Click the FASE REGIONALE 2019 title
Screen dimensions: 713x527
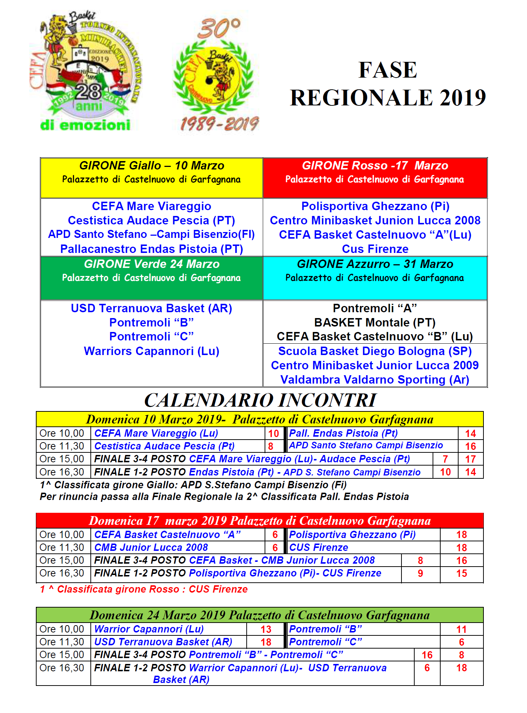point(388,84)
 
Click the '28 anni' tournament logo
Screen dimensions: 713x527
point(86,71)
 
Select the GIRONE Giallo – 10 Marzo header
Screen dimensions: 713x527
point(152,166)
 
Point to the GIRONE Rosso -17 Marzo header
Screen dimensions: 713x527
point(375,166)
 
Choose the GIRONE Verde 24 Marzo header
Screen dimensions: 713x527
point(152,264)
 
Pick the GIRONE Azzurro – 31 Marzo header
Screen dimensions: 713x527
point(375,264)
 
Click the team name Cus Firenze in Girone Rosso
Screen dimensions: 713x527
point(375,249)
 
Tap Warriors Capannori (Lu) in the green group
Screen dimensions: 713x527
point(152,351)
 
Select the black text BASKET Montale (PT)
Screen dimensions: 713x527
point(375,322)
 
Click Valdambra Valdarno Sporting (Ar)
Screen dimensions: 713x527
point(375,380)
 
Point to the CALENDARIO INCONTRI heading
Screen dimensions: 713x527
point(260,400)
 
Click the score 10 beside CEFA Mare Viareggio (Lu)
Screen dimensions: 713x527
point(273,434)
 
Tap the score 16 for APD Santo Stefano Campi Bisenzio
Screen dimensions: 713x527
point(470,447)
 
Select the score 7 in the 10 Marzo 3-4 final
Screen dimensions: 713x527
point(445,459)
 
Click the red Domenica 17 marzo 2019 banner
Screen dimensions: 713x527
point(259,520)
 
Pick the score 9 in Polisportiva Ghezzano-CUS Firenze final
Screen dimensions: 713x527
point(420,574)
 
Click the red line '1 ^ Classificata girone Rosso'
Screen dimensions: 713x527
point(144,589)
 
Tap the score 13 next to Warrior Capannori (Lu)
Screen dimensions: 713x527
point(266,629)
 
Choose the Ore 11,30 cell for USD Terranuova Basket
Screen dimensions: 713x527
point(62,642)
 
